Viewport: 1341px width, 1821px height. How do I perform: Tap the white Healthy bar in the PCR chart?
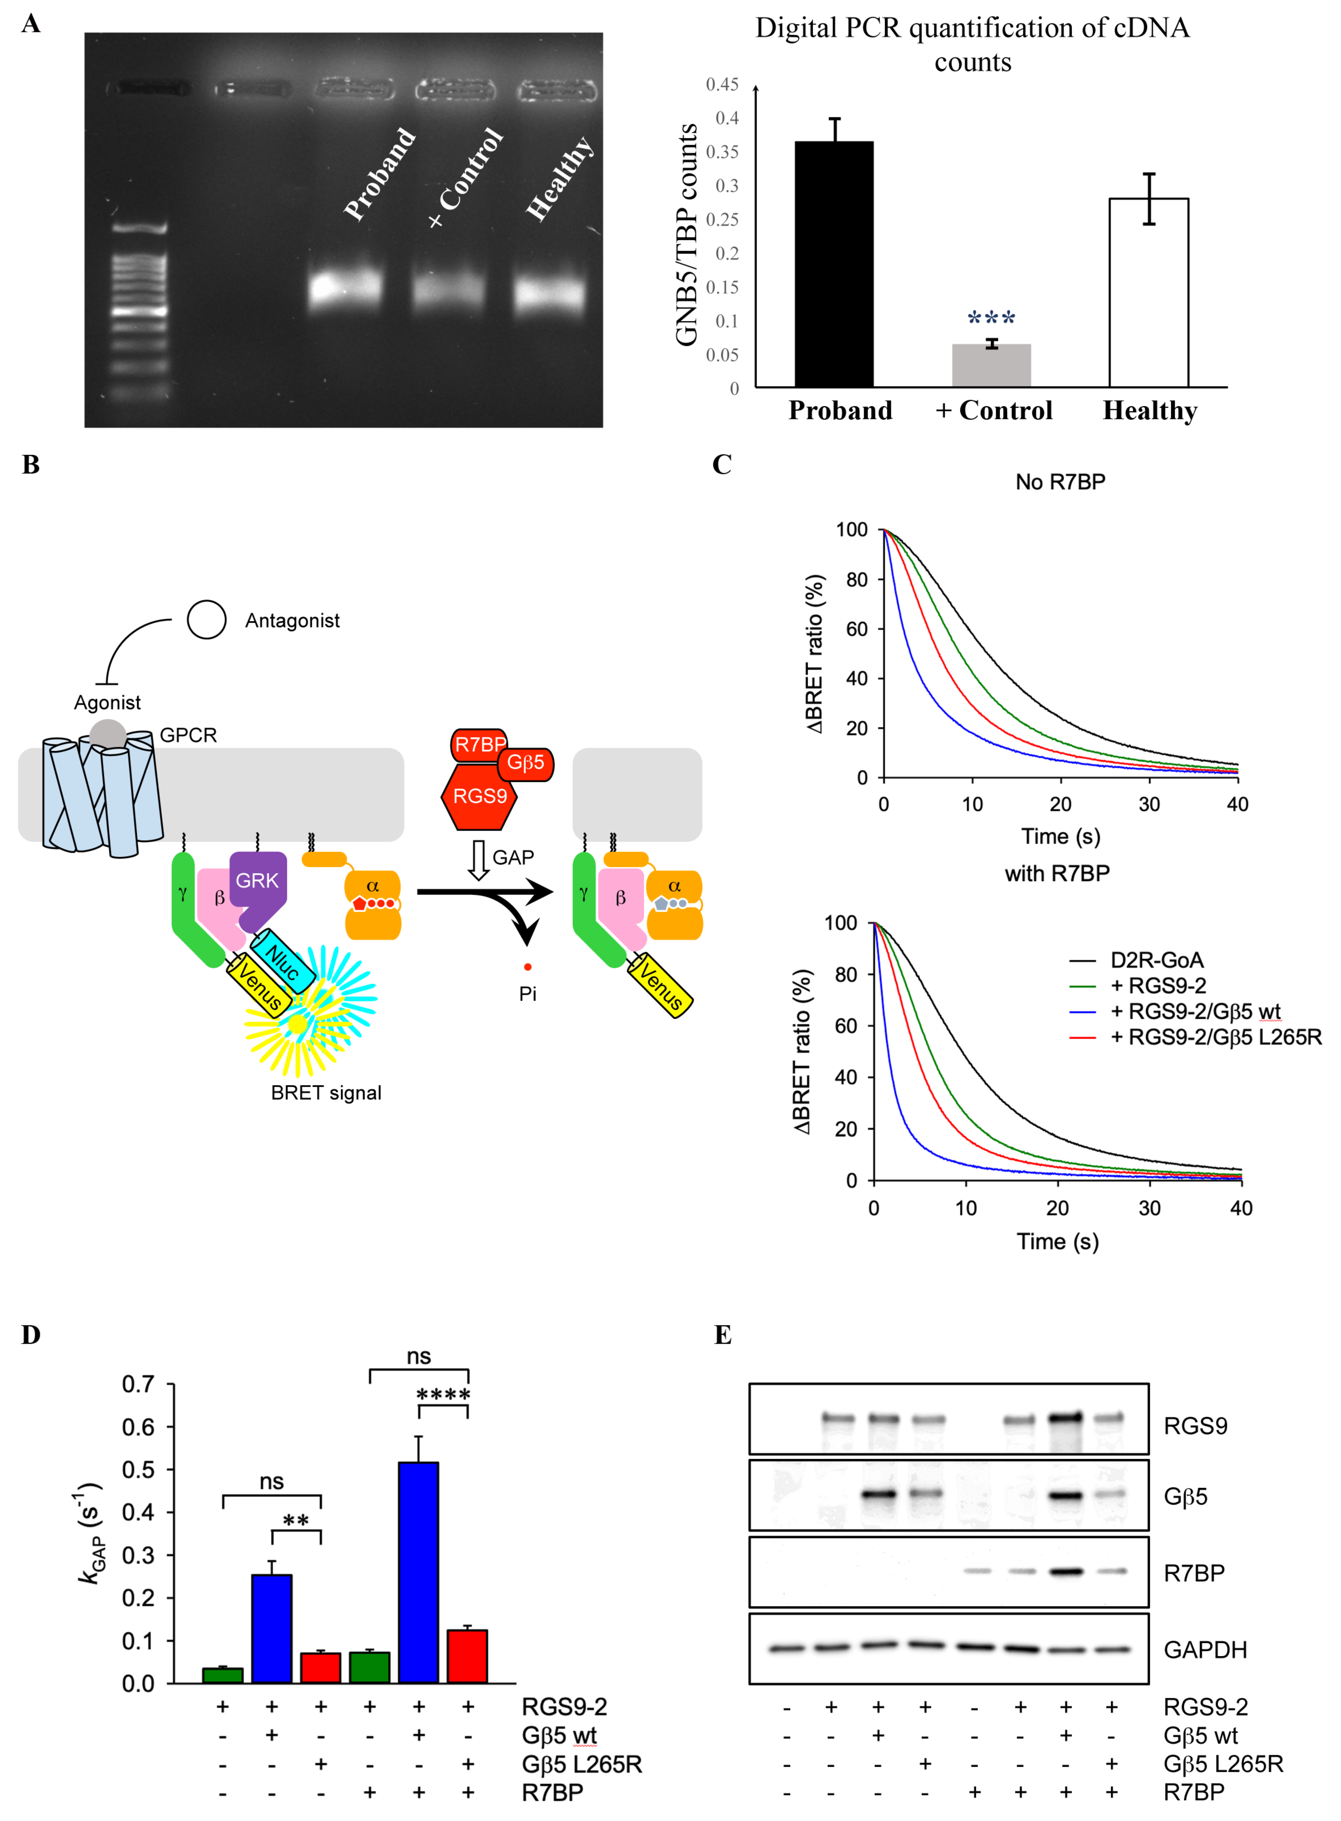point(1148,292)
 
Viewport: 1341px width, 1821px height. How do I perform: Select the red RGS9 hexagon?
point(480,796)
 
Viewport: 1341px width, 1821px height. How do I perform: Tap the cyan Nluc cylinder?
point(282,962)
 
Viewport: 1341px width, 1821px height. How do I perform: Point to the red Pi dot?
point(528,966)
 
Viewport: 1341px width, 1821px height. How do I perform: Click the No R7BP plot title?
point(1060,482)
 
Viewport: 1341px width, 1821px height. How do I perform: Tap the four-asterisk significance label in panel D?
point(443,1395)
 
